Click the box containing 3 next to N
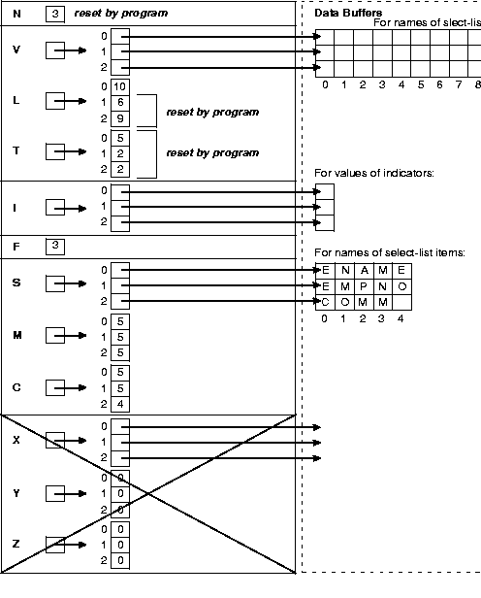55,14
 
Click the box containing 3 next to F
55,247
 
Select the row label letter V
16,50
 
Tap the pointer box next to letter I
55,208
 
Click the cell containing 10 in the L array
119,87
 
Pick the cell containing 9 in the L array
119,118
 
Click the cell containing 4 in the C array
119,404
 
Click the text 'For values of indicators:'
373,173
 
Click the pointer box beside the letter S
55,284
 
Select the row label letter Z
16,545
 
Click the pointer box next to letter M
55,336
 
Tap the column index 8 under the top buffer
478,84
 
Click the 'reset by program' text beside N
120,14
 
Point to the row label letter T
16,152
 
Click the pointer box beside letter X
55,442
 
